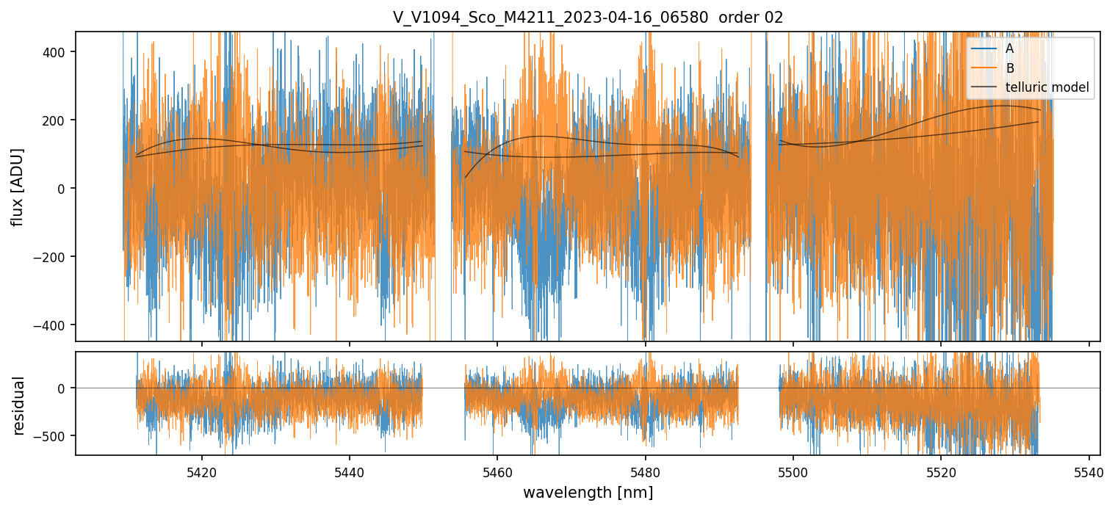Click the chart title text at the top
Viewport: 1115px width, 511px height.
tap(588, 18)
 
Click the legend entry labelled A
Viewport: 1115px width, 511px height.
tap(1009, 48)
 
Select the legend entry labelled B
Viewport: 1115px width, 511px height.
tap(1009, 68)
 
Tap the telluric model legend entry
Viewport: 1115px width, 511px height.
tap(1047, 88)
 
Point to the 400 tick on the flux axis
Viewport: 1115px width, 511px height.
tap(57, 51)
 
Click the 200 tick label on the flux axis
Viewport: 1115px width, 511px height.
tap(57, 120)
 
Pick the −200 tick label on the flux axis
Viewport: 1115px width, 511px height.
tap(54, 257)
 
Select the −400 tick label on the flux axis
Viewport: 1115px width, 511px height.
tap(54, 325)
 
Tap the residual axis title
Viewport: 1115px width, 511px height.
tap(18, 405)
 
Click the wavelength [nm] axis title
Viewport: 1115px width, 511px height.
tap(588, 492)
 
